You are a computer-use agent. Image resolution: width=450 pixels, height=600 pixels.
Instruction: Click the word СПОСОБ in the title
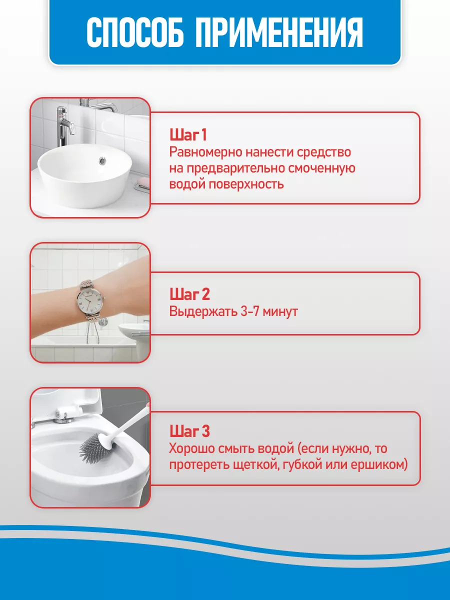tap(135, 33)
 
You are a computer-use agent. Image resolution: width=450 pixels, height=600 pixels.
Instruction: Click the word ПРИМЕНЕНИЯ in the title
tap(279, 33)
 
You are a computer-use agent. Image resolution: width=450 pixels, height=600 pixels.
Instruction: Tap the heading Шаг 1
tap(188, 135)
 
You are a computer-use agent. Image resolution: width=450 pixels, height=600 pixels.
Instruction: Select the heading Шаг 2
tap(189, 294)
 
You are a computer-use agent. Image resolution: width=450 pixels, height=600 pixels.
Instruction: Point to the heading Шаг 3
tap(189, 431)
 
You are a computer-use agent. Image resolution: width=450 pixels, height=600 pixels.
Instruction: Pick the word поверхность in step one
tap(246, 184)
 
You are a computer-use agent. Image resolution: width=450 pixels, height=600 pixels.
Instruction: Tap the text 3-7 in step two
tap(249, 311)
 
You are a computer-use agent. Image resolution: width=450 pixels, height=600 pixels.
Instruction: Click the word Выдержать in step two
tap(203, 312)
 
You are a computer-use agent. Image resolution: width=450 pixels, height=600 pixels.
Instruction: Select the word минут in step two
tap(280, 311)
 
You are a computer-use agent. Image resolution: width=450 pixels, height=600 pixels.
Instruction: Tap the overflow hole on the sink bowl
tap(102, 160)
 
